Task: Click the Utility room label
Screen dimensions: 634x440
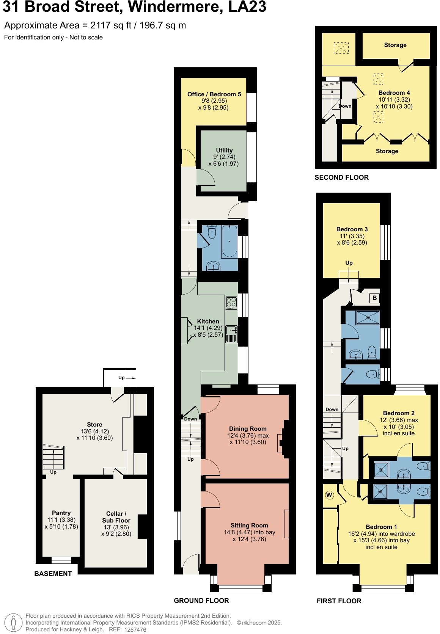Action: click(224, 151)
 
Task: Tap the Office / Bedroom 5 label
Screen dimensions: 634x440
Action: click(214, 94)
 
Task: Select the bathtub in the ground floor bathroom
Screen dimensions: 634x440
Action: click(229, 241)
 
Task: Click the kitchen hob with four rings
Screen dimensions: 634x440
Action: click(231, 303)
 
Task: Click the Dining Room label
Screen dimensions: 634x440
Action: click(248, 429)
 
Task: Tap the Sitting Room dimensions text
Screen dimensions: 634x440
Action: click(249, 536)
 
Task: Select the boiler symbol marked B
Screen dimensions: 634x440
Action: click(374, 298)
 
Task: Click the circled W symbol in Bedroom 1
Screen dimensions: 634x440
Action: click(329, 495)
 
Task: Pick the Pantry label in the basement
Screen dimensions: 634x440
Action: click(61, 513)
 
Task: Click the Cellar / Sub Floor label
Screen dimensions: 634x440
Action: click(116, 517)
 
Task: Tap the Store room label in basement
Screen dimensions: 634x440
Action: click(94, 425)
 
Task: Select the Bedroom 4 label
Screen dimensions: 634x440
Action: click(394, 93)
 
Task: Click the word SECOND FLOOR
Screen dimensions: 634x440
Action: click(341, 177)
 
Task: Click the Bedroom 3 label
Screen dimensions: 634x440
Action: click(352, 229)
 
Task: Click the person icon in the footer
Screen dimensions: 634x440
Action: click(14, 623)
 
